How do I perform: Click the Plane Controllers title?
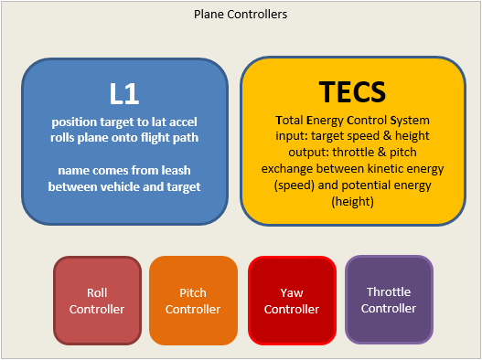241,14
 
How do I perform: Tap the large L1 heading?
124,93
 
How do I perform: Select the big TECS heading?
352,91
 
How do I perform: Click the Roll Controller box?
97,301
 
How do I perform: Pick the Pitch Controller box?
193,301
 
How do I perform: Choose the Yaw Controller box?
292,301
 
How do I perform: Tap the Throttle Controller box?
389,300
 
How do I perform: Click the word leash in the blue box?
176,170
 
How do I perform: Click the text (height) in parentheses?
353,202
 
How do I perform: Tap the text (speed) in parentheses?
295,185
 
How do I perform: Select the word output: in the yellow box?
308,152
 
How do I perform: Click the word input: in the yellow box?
292,135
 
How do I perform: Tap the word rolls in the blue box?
62,137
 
